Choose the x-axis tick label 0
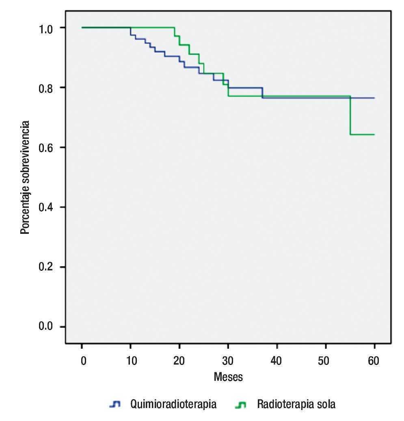pyautogui.click(x=82, y=361)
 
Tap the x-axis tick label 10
pyautogui.click(x=130, y=361)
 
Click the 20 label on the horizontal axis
pyautogui.click(x=179, y=361)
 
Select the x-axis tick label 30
pyautogui.click(x=228, y=361)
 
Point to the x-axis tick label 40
pyautogui.click(x=277, y=361)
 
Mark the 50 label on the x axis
pyautogui.click(x=325, y=361)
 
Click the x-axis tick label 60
pyautogui.click(x=374, y=361)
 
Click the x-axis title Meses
pyautogui.click(x=228, y=377)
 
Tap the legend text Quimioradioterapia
pyautogui.click(x=173, y=404)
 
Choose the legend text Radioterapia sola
pyautogui.click(x=296, y=404)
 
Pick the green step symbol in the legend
pyautogui.click(x=241, y=405)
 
